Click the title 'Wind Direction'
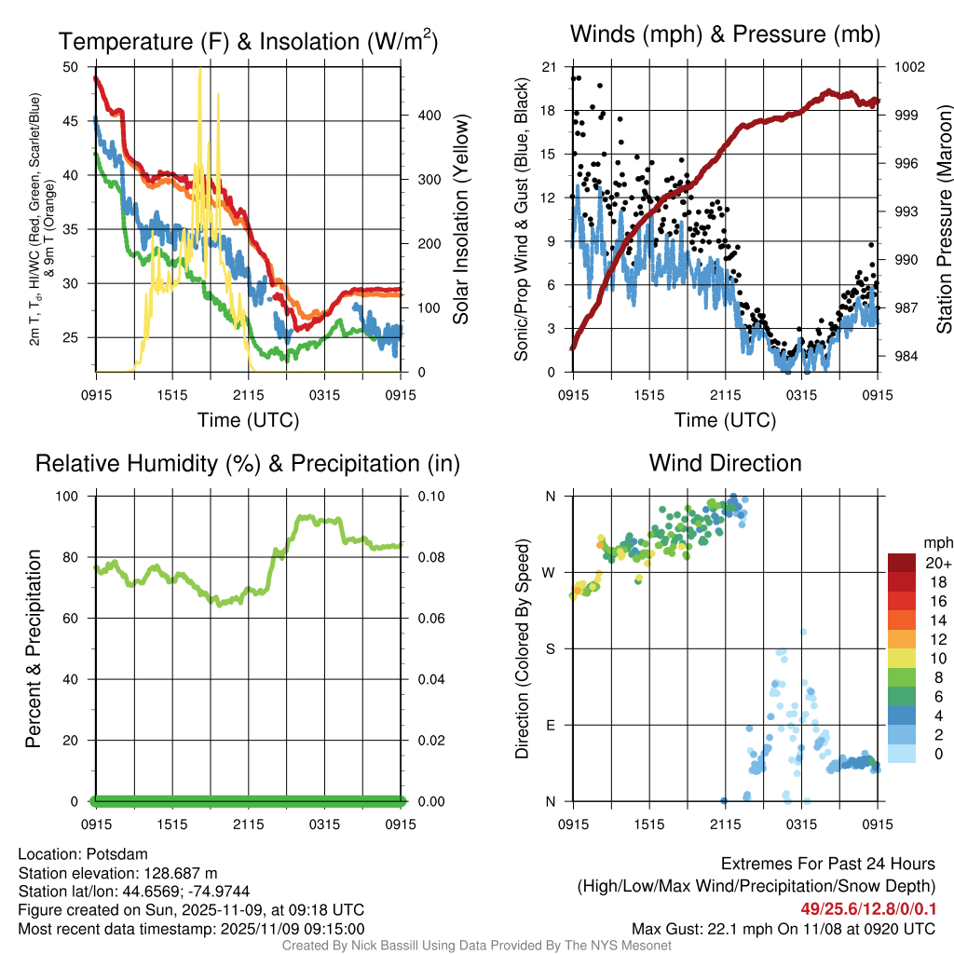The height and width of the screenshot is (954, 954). pos(725,463)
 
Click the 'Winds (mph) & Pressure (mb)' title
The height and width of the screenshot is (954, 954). pos(725,35)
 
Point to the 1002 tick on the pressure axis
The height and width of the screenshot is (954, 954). pos(908,67)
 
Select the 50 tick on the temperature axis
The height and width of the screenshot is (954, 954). pos(71,67)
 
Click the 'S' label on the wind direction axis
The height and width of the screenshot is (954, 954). pos(550,648)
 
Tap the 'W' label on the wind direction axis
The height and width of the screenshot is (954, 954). pos(550,572)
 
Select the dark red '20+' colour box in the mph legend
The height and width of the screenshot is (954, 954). pos(902,563)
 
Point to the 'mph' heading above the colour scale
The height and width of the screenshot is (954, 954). pos(935,542)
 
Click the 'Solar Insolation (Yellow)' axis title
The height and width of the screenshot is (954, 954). pos(461,220)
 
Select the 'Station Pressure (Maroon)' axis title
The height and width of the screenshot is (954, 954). pos(943,220)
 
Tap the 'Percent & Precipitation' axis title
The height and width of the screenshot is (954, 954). pos(34,648)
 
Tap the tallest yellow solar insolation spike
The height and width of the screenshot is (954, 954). pos(199,71)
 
